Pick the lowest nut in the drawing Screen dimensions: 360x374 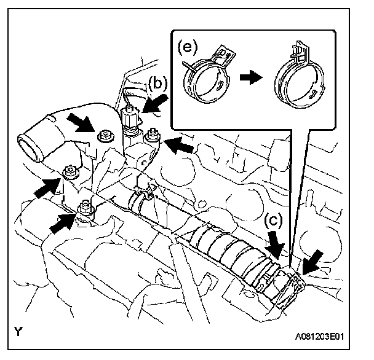tap(84, 209)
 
